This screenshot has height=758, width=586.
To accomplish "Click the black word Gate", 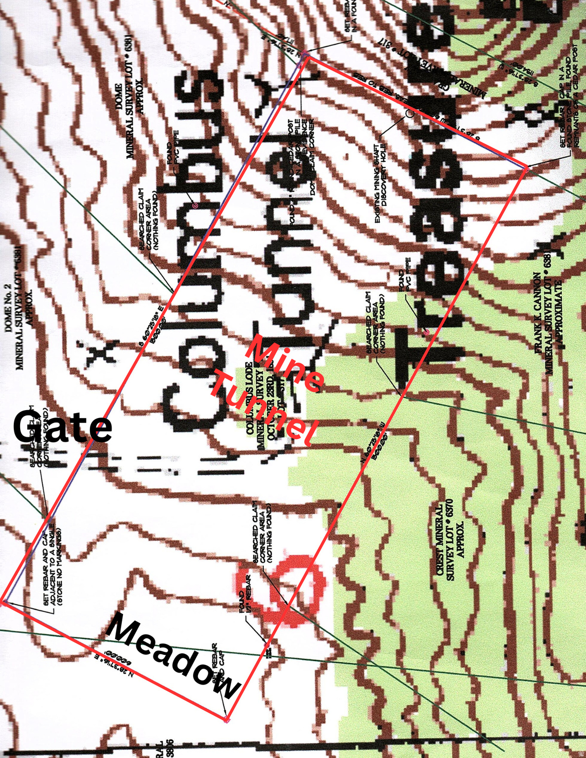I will (x=63, y=427).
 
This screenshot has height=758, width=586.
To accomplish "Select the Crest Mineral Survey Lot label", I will (x=450, y=543).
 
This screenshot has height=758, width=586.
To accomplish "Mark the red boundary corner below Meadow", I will (x=226, y=720).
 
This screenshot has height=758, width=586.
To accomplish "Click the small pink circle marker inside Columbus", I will (x=195, y=205).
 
